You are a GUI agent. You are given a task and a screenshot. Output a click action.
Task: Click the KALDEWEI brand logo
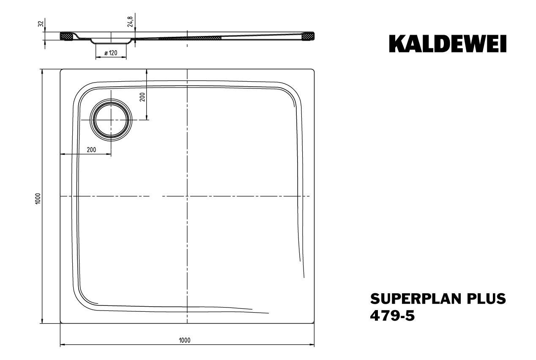point(448,44)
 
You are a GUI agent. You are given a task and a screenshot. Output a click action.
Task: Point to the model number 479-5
point(392,316)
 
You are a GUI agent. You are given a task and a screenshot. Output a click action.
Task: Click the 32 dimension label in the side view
point(41,24)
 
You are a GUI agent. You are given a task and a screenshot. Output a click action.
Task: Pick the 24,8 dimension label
point(130,22)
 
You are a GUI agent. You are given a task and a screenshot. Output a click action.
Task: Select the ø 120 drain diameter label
point(111,53)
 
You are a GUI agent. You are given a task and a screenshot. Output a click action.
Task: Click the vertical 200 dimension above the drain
point(142,97)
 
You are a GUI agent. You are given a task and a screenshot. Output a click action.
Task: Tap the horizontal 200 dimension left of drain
point(91,150)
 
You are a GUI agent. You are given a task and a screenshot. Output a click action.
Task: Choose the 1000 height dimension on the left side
point(38,198)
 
